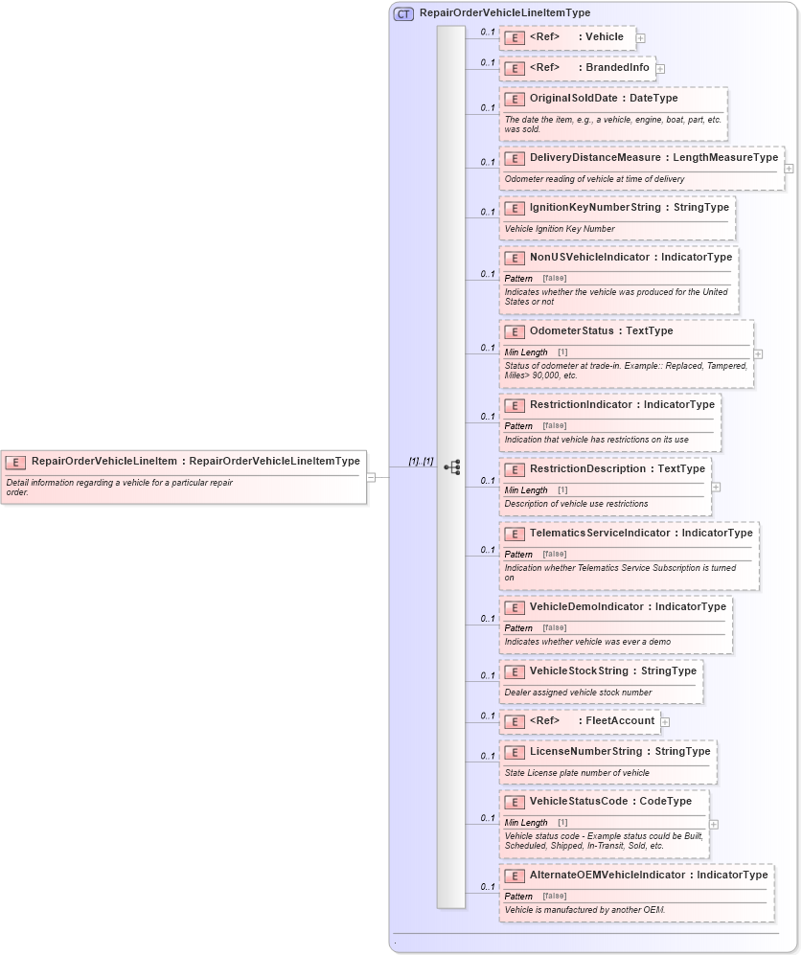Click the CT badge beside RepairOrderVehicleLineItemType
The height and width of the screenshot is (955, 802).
[403, 13]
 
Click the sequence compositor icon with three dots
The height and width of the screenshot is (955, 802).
[451, 467]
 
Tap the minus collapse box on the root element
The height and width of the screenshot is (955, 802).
[371, 476]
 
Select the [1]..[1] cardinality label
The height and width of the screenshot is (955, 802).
[421, 462]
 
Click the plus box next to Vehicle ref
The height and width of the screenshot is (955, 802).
[640, 38]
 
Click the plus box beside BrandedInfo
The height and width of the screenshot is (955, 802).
[660, 69]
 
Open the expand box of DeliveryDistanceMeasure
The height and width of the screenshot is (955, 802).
[789, 169]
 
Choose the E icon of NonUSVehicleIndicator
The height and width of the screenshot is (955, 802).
[514, 258]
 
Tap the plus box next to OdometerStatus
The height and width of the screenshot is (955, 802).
[758, 353]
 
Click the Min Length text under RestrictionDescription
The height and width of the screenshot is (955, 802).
[526, 490]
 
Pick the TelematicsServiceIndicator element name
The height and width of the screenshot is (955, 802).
[603, 534]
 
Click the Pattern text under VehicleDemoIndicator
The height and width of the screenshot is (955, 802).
[518, 628]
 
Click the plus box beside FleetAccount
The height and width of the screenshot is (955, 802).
[665, 722]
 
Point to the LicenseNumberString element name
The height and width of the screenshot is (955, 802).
[585, 752]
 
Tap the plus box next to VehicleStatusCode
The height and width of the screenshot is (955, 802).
[714, 824]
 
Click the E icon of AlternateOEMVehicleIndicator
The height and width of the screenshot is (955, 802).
[514, 875]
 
